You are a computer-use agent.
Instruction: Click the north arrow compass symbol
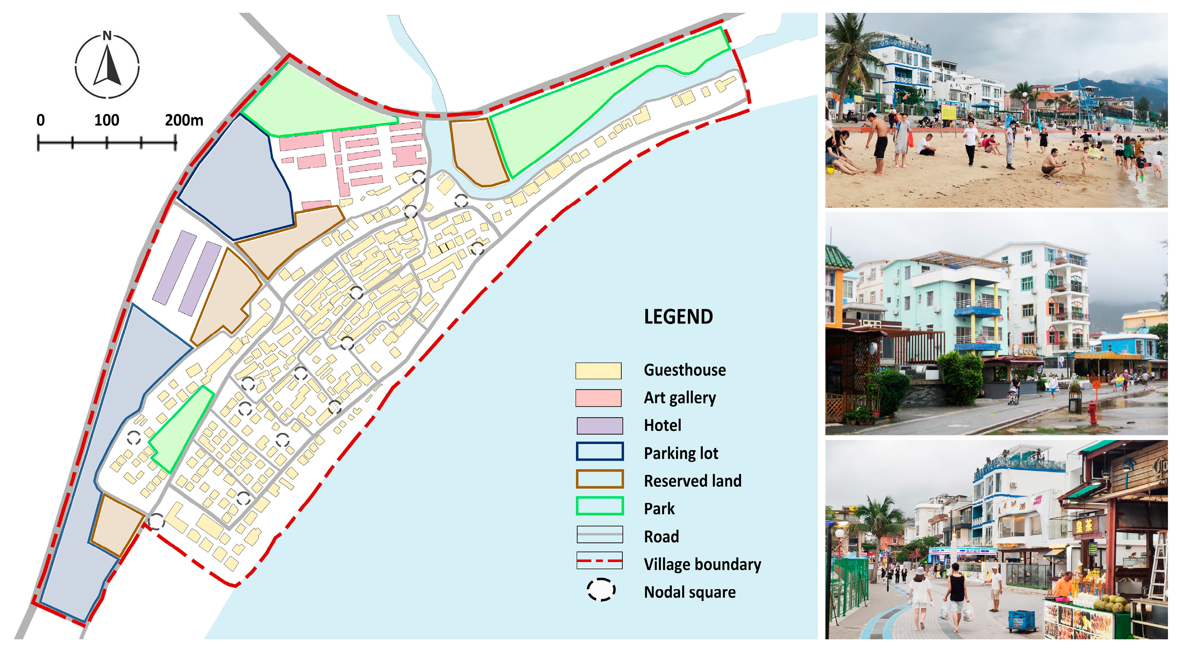click(x=107, y=65)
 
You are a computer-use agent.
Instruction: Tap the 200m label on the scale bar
click(x=184, y=120)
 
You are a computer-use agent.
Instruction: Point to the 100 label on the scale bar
click(x=107, y=120)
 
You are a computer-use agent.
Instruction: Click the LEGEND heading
click(x=678, y=317)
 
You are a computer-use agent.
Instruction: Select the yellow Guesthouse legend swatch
click(x=598, y=370)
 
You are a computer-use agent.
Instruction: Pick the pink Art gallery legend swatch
click(x=598, y=398)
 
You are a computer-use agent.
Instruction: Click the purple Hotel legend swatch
click(x=599, y=425)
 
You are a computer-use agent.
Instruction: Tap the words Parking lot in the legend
click(x=681, y=453)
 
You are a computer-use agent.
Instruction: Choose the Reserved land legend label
click(x=692, y=481)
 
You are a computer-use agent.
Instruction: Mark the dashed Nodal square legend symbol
click(x=601, y=590)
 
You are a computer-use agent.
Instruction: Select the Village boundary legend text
click(x=702, y=564)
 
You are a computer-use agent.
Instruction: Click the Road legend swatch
click(x=599, y=534)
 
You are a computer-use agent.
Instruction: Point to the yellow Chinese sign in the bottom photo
click(x=1085, y=526)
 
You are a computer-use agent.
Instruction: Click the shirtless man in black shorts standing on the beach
click(x=880, y=142)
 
